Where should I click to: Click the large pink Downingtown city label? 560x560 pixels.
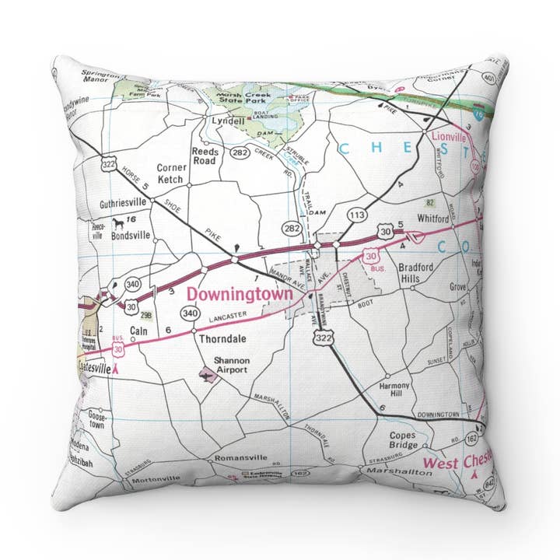tap(240, 295)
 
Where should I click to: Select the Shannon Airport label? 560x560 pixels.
tap(232, 365)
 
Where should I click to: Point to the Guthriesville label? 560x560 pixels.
tap(124, 205)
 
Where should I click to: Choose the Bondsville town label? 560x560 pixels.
tap(129, 235)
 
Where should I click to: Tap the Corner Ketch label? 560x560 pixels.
tap(171, 173)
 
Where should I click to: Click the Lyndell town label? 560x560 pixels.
tap(229, 122)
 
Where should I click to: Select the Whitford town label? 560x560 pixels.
tap(433, 220)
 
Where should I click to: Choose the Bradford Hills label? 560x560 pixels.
tap(420, 273)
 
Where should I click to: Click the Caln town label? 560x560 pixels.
tap(138, 331)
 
